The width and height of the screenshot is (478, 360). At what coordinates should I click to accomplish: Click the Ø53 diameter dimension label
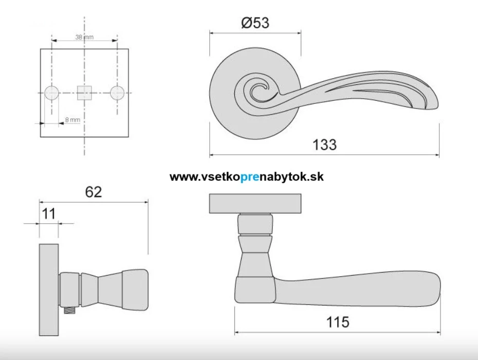click(x=255, y=23)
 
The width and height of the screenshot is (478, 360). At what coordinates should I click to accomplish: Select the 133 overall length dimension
click(x=324, y=145)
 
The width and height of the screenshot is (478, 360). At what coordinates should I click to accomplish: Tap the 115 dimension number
click(x=338, y=322)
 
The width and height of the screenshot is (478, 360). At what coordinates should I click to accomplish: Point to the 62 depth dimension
click(x=93, y=192)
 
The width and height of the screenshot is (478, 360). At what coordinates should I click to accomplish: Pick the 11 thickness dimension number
click(x=49, y=213)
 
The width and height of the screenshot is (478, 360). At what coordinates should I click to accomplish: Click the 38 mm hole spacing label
click(x=84, y=37)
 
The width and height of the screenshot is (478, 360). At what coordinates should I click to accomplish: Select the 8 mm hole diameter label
click(x=72, y=120)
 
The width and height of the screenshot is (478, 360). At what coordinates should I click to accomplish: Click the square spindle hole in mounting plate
click(x=84, y=93)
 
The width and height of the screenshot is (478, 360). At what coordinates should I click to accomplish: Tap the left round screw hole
click(x=51, y=93)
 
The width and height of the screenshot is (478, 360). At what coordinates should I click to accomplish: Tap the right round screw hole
click(x=117, y=93)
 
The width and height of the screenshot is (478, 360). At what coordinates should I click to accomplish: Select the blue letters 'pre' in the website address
click(x=250, y=177)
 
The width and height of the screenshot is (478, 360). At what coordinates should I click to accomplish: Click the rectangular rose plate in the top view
click(x=255, y=204)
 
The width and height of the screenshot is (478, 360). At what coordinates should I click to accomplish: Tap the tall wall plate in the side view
click(x=49, y=290)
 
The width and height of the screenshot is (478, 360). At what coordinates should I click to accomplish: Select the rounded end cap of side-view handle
click(x=135, y=289)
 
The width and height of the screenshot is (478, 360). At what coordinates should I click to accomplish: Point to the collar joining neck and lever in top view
click(x=255, y=290)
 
